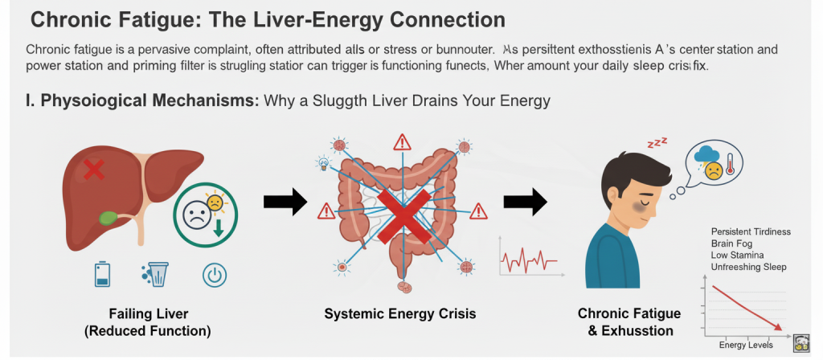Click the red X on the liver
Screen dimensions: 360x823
(x=94, y=170)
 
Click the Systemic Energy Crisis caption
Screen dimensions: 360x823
(x=399, y=314)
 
